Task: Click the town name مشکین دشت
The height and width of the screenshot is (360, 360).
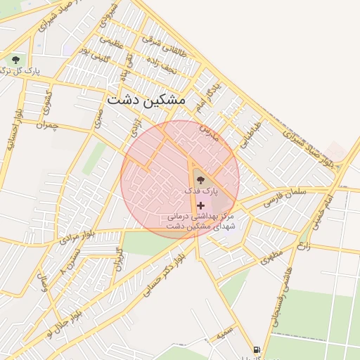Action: [x=146, y=101]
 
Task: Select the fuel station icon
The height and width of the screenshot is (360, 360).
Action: [x=257, y=349]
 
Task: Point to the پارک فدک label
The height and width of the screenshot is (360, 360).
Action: [x=202, y=191]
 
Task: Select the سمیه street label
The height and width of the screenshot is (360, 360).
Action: [x=225, y=335]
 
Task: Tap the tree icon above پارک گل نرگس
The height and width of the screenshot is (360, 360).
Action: [x=16, y=60]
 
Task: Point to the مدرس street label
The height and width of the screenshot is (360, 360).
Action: [x=208, y=132]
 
